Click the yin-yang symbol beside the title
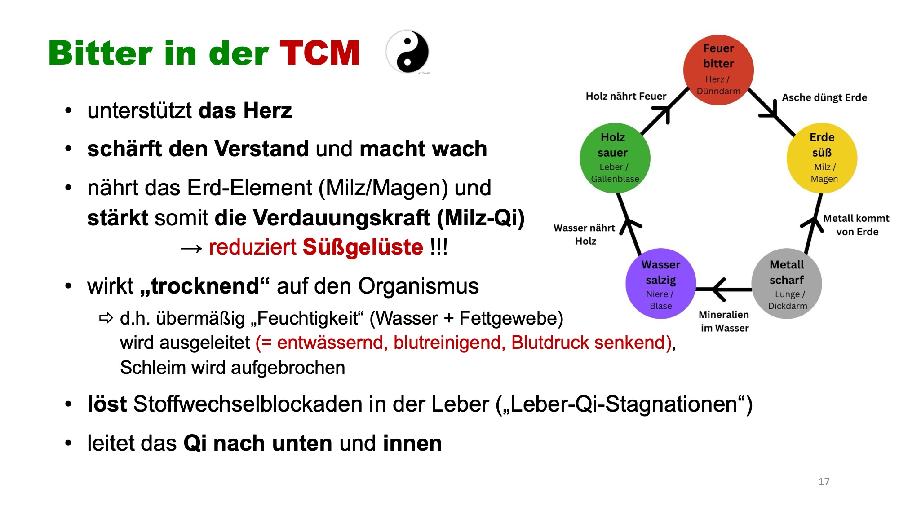pos(407,52)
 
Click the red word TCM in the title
pos(319,53)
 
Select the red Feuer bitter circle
pos(718,70)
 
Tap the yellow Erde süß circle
pos(822,158)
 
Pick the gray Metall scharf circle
pos(787,284)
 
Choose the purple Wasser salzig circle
pos(661,284)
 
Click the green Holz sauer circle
pos(615,158)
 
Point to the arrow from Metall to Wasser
pos(724,290)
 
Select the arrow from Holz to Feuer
pos(665,111)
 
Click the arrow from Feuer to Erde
pos(771,112)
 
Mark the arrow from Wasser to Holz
pos(629,224)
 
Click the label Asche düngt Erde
pos(824,97)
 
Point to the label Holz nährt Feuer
pos(626,96)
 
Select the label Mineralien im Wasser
pos(724,321)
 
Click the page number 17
pos(824,482)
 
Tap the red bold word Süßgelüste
pos(363,247)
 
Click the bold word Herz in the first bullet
pos(268,110)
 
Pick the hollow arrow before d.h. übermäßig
pos(106,318)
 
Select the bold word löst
pos(107,404)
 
